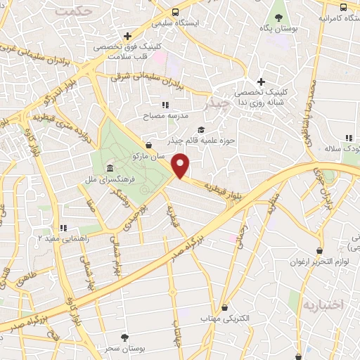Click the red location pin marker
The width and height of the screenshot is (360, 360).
(181, 166)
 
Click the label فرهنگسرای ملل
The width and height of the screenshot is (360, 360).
(115, 181)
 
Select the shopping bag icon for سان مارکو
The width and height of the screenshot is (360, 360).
(149, 145)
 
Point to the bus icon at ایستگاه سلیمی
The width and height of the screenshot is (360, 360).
(176, 13)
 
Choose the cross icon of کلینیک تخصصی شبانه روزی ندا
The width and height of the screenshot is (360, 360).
(260, 81)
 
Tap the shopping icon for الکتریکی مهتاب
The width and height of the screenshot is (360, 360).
(224, 307)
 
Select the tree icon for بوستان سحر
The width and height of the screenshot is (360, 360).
(124, 338)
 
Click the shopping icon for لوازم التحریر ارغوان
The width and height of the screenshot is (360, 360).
(320, 250)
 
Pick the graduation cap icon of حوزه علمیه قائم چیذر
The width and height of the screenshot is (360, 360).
(202, 129)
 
